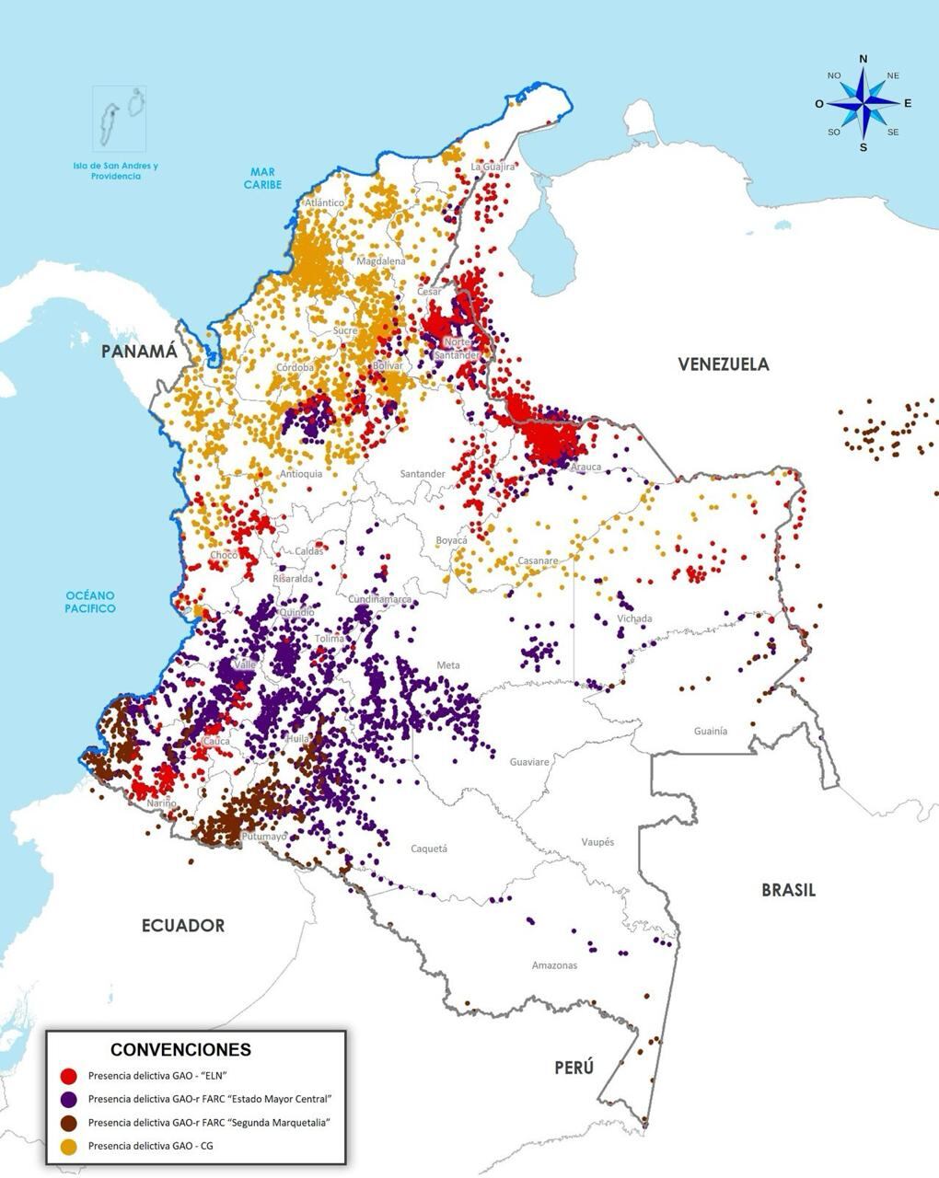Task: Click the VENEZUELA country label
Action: [723, 364]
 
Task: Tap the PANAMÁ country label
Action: [139, 352]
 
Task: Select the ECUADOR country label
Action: [182, 926]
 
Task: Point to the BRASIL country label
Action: [788, 890]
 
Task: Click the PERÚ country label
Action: [574, 1068]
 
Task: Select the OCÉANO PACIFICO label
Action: [90, 603]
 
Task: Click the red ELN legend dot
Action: [68, 1076]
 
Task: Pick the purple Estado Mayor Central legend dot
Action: [68, 1099]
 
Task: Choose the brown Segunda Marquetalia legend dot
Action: [68, 1123]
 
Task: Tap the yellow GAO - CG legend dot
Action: [68, 1146]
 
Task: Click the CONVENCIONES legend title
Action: [180, 1049]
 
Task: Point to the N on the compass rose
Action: [863, 60]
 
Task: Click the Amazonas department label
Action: [554, 965]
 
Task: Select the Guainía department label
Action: [710, 731]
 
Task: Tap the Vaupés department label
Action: [597, 842]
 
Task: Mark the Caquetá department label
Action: [428, 849]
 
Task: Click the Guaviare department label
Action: [528, 762]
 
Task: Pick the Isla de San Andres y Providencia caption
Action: [115, 171]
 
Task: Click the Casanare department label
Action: [537, 560]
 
